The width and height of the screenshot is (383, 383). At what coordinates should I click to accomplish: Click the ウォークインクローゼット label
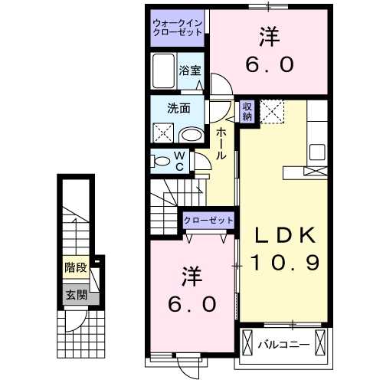coord(177,28)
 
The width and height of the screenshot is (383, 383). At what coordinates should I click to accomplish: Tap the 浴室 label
coord(190,70)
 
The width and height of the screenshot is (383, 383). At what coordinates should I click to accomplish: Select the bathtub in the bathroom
coord(163,71)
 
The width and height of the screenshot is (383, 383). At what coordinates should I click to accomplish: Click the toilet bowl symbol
coord(161,161)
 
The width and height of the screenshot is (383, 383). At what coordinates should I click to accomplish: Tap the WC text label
coord(178,162)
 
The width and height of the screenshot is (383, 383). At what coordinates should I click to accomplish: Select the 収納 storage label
coord(247,112)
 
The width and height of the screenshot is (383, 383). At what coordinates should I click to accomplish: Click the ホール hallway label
coord(221,143)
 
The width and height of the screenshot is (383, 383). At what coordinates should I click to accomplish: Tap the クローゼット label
coord(208,221)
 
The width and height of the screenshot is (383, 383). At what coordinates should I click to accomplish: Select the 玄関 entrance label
coord(75,294)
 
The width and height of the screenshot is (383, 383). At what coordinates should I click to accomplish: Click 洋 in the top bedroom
coord(267,34)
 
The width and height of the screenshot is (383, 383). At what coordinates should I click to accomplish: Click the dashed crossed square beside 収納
coord(272,112)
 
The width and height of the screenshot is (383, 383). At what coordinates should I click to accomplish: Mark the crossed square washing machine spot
coord(162,134)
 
